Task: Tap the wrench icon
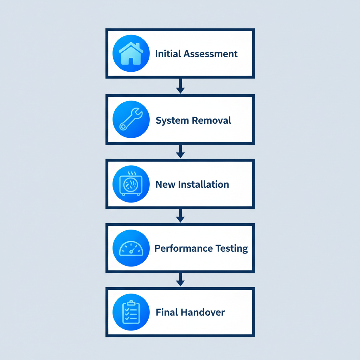coord(131,120)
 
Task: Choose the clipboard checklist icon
coord(131,312)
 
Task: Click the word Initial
coord(168,54)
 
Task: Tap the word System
coord(172,121)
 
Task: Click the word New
coord(166,184)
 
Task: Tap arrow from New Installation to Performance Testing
coord(180,215)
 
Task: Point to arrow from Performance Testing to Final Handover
coord(180,279)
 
